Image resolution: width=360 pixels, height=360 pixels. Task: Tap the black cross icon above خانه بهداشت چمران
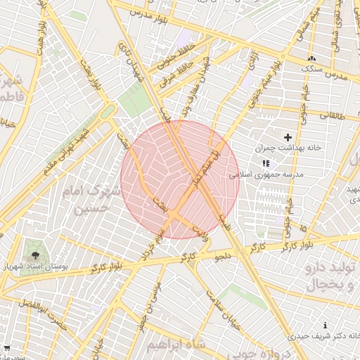(x=287, y=136)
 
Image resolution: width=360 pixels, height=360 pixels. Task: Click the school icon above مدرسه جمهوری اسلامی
(x=265, y=162)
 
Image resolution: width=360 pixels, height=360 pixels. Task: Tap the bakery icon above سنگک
(x=311, y=58)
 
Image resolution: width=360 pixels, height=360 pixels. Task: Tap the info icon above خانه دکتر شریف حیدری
(x=324, y=326)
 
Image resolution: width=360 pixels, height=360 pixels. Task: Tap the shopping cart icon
(x=6, y=348)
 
